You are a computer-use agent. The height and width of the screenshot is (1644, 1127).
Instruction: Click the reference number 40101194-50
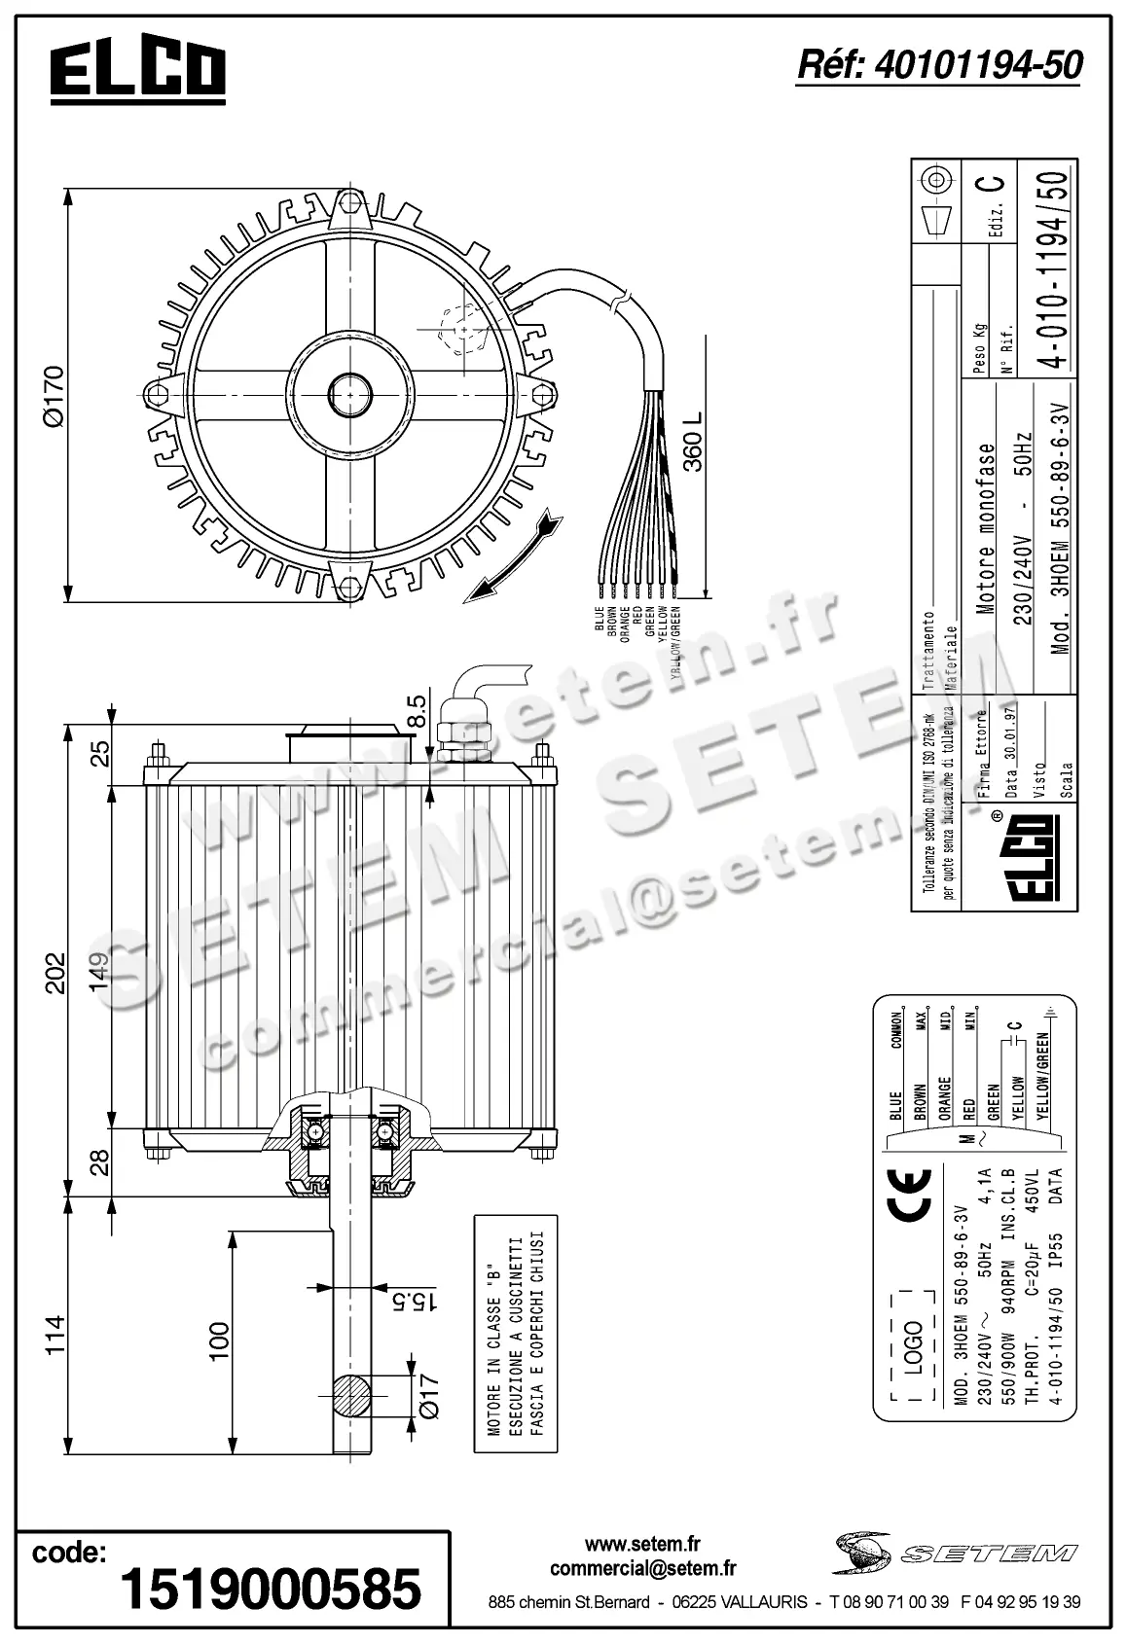939,65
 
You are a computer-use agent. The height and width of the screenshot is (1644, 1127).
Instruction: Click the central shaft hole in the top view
349,393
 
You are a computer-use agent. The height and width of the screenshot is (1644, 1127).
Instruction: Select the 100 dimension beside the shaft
218,1340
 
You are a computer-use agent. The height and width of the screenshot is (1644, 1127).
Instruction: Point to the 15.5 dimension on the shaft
428,1300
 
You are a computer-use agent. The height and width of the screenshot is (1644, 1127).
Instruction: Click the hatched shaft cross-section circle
350,1396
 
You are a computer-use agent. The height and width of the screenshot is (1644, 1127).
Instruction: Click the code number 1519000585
271,1588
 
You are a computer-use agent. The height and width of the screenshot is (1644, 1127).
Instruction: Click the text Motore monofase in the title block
985,529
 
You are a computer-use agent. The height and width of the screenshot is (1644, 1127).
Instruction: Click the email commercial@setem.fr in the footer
642,1568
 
